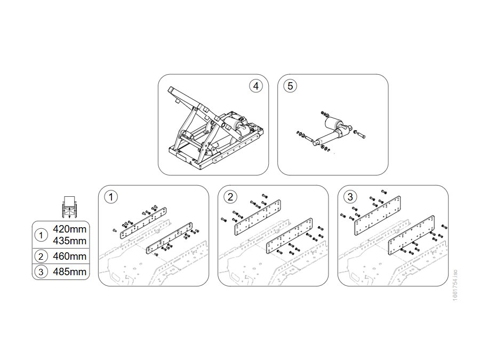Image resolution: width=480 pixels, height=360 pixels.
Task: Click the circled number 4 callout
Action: [255, 86]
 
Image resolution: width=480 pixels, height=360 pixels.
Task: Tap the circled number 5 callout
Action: [290, 86]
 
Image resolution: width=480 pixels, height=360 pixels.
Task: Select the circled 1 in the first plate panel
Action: [111, 197]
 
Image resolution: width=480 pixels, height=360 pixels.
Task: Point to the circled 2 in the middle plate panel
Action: [230, 197]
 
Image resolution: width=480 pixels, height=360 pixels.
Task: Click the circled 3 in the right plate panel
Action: [350, 197]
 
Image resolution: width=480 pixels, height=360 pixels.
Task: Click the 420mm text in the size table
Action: [69, 229]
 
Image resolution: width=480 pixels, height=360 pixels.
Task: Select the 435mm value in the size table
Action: [69, 241]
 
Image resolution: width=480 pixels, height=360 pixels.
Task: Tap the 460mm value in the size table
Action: [69, 256]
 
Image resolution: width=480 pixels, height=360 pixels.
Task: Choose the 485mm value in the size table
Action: [69, 272]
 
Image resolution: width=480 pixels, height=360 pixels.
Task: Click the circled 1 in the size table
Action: [41, 235]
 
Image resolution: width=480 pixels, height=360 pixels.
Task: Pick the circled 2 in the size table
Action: [41, 257]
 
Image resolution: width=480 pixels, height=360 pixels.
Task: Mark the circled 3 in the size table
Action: [41, 272]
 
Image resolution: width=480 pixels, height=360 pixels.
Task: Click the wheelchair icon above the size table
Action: [69, 207]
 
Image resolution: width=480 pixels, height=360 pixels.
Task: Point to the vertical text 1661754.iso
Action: [455, 285]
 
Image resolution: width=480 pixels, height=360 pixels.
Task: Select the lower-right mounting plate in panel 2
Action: [290, 236]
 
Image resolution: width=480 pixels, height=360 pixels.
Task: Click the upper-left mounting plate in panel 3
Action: [378, 216]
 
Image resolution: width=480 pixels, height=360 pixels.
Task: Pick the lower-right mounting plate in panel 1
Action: [170, 238]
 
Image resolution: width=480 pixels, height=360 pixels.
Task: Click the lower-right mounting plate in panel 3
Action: [411, 236]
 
